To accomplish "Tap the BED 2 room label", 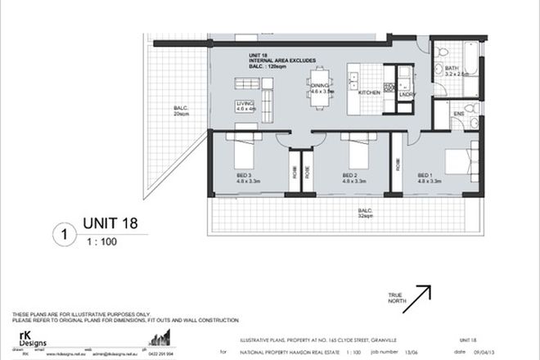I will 352,178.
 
